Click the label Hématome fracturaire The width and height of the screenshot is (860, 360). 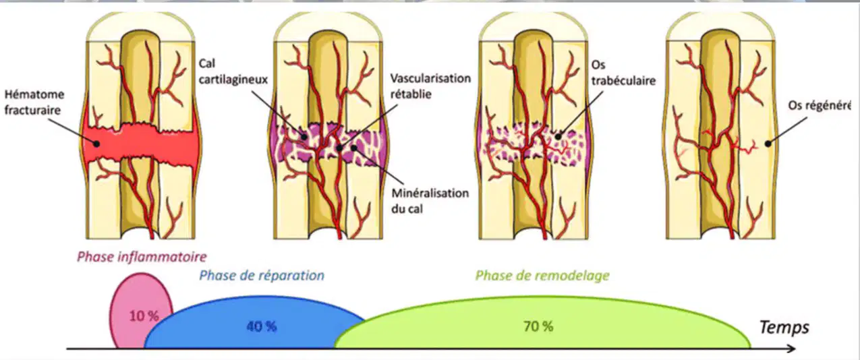(x=34, y=102)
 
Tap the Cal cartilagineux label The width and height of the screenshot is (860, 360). (x=233, y=71)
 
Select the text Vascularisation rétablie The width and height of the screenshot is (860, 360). (x=430, y=86)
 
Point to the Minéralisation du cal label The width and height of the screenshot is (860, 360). (x=430, y=201)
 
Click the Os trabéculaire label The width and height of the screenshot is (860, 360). (x=623, y=73)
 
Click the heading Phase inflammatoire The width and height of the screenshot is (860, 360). (x=142, y=256)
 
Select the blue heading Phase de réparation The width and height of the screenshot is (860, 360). (x=262, y=275)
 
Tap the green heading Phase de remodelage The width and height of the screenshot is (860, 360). (x=542, y=275)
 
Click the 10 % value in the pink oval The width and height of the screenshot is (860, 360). (x=144, y=316)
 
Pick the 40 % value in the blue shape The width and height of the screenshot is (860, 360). (x=262, y=326)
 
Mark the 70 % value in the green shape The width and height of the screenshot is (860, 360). (x=538, y=326)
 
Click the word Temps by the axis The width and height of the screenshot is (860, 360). (x=784, y=328)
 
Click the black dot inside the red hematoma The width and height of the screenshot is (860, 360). (x=96, y=144)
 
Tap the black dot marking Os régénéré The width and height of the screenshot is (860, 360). (x=768, y=144)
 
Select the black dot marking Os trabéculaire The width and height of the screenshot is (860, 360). (x=558, y=136)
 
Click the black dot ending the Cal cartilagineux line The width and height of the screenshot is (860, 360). (x=304, y=136)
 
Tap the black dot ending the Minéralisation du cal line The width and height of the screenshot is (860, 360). (x=354, y=148)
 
